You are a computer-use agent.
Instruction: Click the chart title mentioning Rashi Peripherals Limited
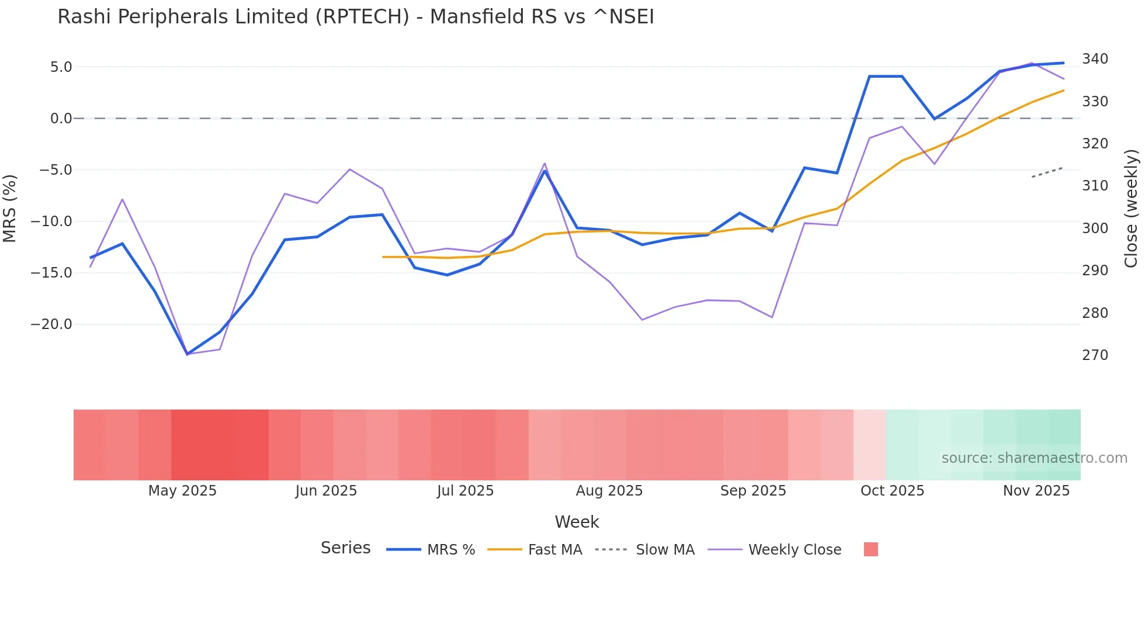point(355,17)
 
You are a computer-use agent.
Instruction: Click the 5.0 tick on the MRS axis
point(61,67)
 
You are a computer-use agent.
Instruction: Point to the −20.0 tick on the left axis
point(51,324)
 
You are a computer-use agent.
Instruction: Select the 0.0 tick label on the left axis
point(61,119)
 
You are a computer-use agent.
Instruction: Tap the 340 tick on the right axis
point(1095,59)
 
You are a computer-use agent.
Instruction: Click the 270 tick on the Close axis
point(1095,355)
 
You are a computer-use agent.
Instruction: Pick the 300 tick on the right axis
point(1095,228)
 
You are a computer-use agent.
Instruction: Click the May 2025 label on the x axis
point(182,491)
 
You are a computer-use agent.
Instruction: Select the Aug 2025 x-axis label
point(609,491)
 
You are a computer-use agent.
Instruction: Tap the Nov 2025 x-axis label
point(1036,491)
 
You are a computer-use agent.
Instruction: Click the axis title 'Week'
point(577,522)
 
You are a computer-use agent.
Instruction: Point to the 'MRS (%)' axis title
point(9,208)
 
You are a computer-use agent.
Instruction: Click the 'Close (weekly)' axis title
point(1132,208)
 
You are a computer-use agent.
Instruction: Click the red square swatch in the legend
point(870,549)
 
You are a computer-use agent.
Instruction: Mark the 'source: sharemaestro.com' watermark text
point(1034,458)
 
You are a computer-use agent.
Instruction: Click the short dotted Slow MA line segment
point(1047,172)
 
